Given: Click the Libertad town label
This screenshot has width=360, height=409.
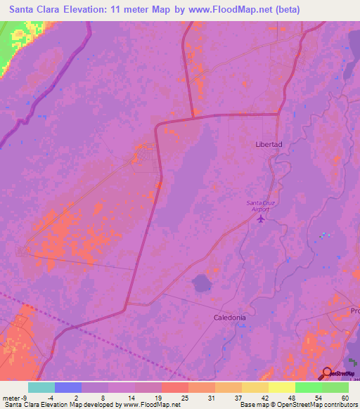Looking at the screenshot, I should point(269,144).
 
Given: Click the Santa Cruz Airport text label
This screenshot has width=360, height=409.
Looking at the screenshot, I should point(260,206).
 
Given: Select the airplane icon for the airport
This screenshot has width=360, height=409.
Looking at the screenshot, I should point(262,219).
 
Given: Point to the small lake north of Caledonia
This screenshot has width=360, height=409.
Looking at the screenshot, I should point(202,283).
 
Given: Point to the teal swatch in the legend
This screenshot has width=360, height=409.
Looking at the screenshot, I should point(41,387).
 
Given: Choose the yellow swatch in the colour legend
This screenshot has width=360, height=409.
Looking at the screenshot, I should point(281,387).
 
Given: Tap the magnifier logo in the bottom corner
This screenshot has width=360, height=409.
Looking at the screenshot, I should point(327,373).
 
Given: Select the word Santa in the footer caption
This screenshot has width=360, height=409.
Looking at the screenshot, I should point(13,404).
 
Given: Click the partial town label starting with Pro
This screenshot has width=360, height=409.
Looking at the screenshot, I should point(354,310).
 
